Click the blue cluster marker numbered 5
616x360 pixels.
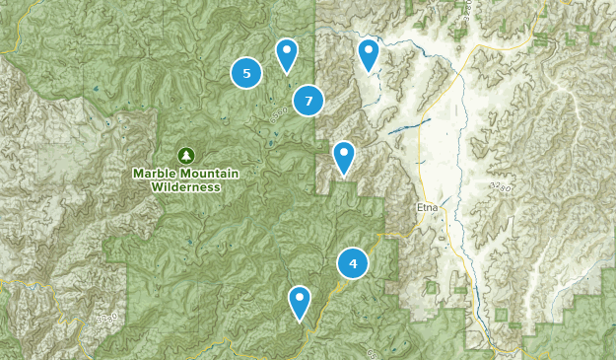coord(246,72)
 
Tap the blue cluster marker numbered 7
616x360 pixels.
coord(308,100)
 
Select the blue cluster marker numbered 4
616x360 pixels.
coord(353,263)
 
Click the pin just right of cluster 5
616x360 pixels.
coord(286,54)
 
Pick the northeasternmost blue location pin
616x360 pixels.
coord(369,53)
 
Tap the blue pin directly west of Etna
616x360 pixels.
coord(343,156)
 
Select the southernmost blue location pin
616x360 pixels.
coord(300,301)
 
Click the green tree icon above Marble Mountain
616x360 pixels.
coord(185,155)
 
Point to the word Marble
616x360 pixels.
coord(156,174)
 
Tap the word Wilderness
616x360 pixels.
coord(186,186)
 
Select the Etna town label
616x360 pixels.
coord(425,208)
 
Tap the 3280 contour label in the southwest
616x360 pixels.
coord(108,320)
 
